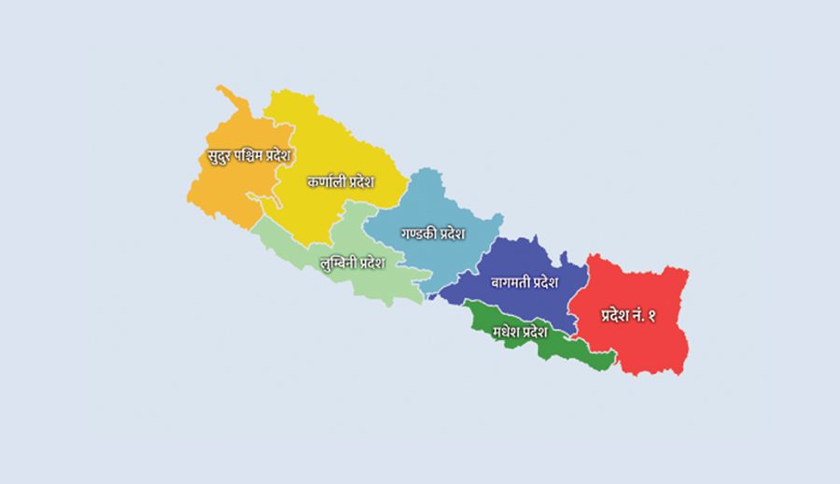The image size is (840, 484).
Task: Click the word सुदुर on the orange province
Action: coord(217,156)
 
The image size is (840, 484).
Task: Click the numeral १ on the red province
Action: coord(651,316)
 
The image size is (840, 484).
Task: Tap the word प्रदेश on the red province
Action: coord(614,316)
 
